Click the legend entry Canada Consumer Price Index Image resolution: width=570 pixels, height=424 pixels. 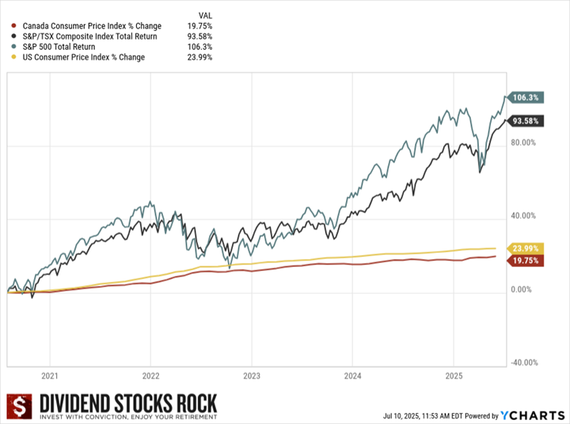point(92,26)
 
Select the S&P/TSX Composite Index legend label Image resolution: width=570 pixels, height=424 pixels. point(90,36)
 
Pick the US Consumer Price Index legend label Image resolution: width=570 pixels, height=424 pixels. point(83,57)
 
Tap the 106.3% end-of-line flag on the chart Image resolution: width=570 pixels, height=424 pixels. point(526,97)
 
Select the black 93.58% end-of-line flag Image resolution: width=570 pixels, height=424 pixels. point(526,120)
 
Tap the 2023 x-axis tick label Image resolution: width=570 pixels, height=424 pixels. point(252,376)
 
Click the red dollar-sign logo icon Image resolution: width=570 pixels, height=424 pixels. point(17,407)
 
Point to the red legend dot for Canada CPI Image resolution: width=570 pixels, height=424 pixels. point(14,26)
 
